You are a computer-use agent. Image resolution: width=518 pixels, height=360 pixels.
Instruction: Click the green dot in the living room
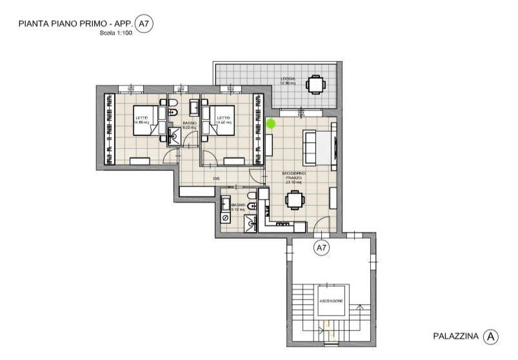tap(271, 123)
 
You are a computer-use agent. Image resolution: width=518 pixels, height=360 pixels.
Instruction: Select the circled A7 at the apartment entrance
tap(321, 247)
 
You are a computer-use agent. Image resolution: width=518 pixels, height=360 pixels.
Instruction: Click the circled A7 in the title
tap(145, 25)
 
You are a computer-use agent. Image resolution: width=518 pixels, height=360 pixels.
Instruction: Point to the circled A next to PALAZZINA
tap(492, 336)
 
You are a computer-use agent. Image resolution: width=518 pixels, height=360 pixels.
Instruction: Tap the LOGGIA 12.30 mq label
tap(288, 82)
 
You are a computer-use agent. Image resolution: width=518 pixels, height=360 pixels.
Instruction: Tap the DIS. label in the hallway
tap(217, 179)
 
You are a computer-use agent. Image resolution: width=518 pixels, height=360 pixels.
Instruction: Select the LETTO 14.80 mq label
tap(141, 119)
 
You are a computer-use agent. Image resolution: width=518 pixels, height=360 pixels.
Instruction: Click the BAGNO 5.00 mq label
tap(189, 125)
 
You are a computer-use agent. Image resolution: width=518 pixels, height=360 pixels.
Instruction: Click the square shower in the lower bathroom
tap(250, 222)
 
